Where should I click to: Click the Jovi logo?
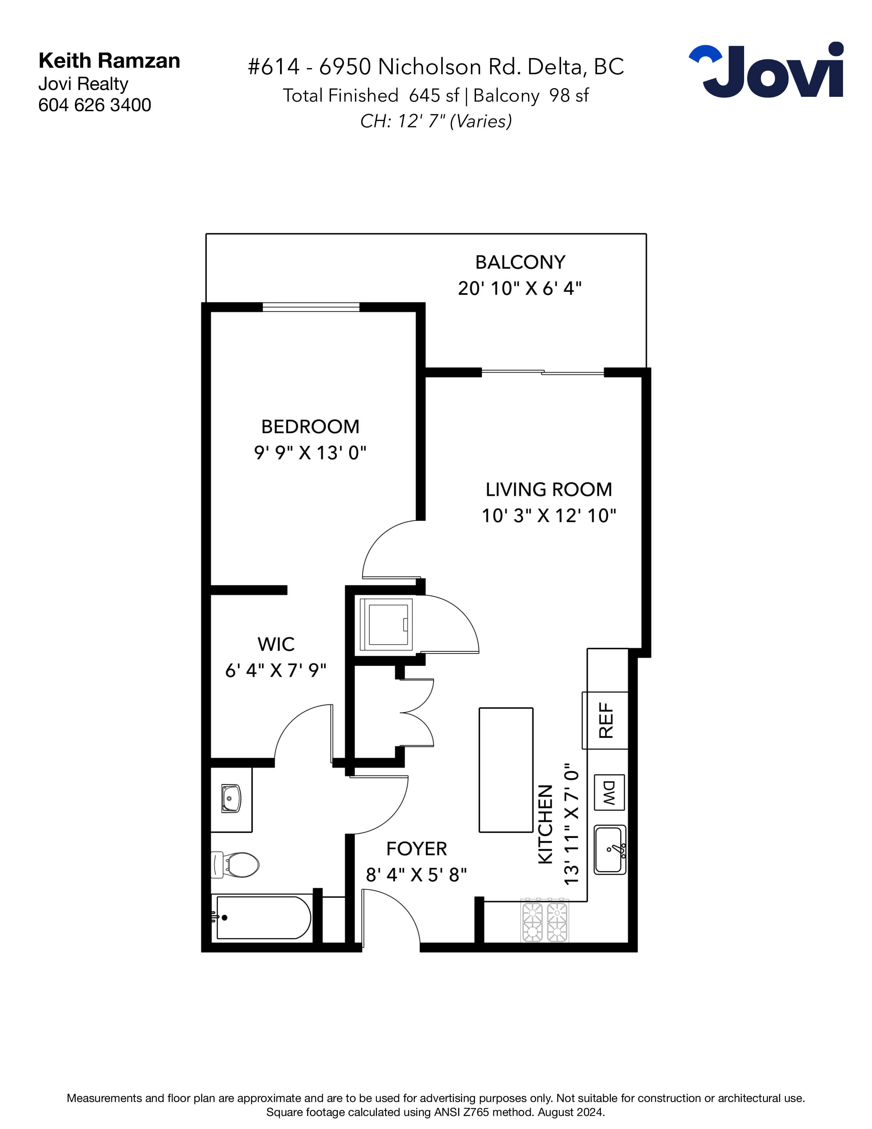click(766, 70)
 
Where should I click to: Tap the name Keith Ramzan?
click(109, 61)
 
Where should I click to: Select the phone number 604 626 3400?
click(94, 105)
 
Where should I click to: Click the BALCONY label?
click(520, 262)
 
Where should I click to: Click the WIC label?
click(276, 644)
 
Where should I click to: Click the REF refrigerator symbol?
click(605, 720)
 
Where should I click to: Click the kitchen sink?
click(610, 850)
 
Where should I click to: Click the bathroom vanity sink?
click(231, 798)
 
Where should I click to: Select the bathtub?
click(261, 918)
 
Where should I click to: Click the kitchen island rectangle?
click(506, 770)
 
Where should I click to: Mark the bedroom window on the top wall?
click(311, 307)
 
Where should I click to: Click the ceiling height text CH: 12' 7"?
click(403, 121)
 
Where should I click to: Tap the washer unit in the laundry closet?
click(386, 624)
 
